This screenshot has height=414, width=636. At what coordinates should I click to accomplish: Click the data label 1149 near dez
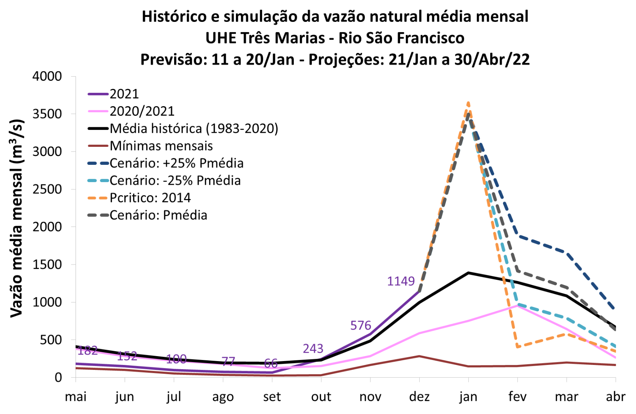pyautogui.click(x=400, y=281)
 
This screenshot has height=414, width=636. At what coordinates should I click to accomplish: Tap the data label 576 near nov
pyautogui.click(x=361, y=325)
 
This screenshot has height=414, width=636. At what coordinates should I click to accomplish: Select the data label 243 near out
pyautogui.click(x=313, y=348)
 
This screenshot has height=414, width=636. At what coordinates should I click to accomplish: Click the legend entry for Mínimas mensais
pyautogui.click(x=161, y=146)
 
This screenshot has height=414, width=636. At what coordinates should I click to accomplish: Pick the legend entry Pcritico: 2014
pyautogui.click(x=150, y=198)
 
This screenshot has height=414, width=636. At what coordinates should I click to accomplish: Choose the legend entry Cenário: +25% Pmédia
pyautogui.click(x=176, y=163)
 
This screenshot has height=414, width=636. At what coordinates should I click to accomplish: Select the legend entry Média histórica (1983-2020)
pyautogui.click(x=194, y=128)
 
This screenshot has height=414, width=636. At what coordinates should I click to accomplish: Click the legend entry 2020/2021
pyautogui.click(x=142, y=111)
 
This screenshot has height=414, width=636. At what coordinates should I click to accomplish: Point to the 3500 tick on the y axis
pyautogui.click(x=47, y=114)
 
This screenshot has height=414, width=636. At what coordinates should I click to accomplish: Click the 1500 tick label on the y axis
pyautogui.click(x=47, y=264)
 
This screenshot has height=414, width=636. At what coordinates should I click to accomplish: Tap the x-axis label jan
pyautogui.click(x=468, y=397)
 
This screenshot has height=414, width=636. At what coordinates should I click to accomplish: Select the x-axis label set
pyautogui.click(x=272, y=397)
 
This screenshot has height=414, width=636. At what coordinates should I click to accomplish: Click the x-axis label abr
pyautogui.click(x=615, y=397)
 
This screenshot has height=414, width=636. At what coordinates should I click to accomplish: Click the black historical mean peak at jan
pyautogui.click(x=468, y=273)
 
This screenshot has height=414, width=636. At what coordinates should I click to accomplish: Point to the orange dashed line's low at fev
pyautogui.click(x=518, y=347)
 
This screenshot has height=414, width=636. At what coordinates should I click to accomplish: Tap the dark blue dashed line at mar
pyautogui.click(x=567, y=253)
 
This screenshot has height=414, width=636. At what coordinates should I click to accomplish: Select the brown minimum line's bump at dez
pyautogui.click(x=419, y=356)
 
